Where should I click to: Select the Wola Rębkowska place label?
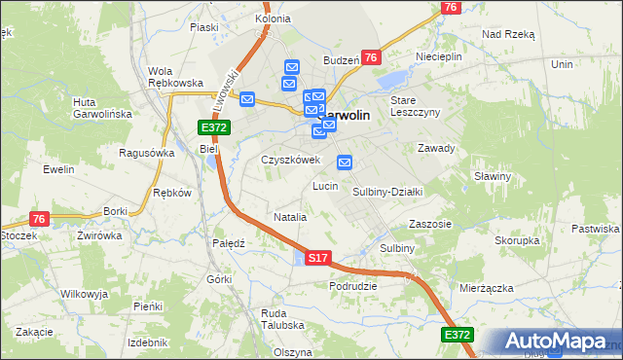(174, 77)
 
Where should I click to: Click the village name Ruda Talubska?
(282, 320)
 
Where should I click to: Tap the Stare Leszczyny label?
(416, 106)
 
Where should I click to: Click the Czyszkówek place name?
(290, 160)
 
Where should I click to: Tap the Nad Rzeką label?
(508, 33)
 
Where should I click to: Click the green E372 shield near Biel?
(213, 127)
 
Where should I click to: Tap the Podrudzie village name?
(353, 286)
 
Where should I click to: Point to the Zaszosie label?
(430, 224)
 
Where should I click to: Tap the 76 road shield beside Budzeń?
(371, 58)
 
